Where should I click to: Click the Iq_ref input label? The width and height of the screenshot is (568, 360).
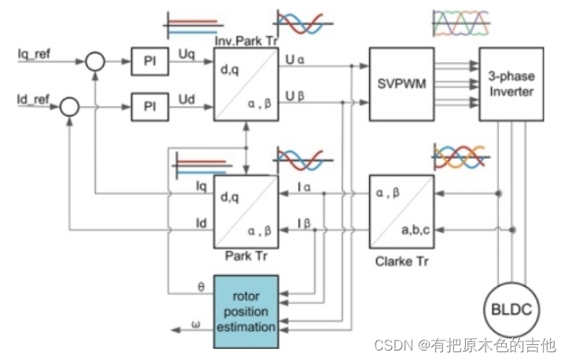(x=34, y=57)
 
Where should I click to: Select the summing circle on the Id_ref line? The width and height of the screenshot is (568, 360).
(x=70, y=105)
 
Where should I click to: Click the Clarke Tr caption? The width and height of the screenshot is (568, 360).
(x=401, y=256)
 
